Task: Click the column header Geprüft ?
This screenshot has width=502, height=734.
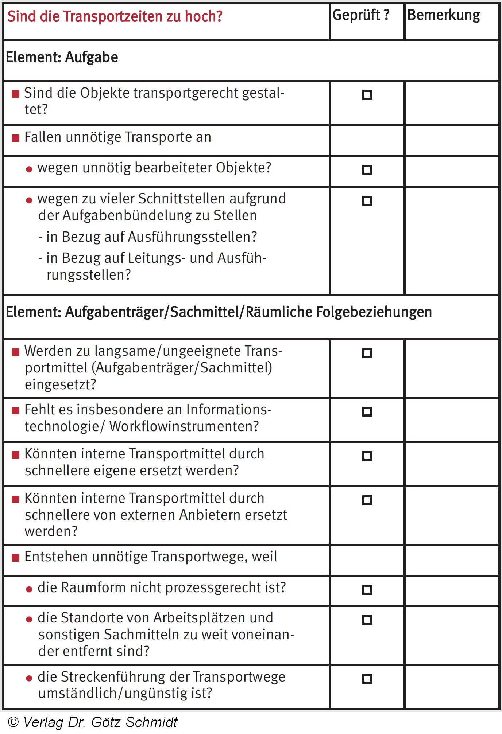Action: pos(361,15)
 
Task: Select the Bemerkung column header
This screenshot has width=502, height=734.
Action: pos(444,15)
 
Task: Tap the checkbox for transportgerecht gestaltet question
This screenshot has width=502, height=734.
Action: pos(367,95)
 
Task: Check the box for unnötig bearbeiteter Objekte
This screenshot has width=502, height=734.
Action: pos(367,170)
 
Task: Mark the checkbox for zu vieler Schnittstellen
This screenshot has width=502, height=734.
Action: pos(367,201)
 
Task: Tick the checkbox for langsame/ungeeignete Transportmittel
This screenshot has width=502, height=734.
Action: pos(367,353)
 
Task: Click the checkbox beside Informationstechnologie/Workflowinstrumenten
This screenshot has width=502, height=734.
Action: pos(367,412)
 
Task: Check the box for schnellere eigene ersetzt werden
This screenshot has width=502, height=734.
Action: pos(367,456)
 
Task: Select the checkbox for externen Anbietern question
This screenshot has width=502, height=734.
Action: pos(367,500)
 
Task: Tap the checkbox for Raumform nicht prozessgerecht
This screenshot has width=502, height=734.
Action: pos(367,590)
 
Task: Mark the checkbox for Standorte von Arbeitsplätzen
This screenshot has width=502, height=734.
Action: pos(367,620)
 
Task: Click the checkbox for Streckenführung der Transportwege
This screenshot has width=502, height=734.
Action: pos(367,679)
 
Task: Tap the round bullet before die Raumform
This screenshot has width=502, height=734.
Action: pos(29,590)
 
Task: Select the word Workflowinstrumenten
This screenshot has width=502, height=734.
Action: pos(184,426)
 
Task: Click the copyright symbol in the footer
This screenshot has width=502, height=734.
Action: pos(13,722)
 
